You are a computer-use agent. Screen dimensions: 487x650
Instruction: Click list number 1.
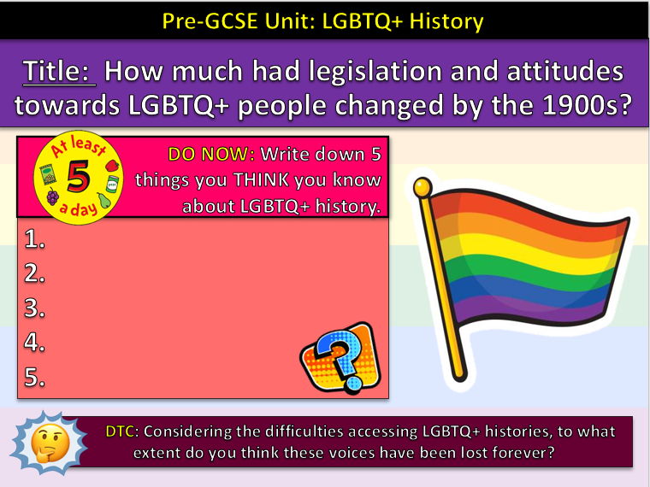click(35, 240)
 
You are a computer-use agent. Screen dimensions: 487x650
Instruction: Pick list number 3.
click(35, 308)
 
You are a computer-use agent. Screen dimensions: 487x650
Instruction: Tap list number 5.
click(35, 377)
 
